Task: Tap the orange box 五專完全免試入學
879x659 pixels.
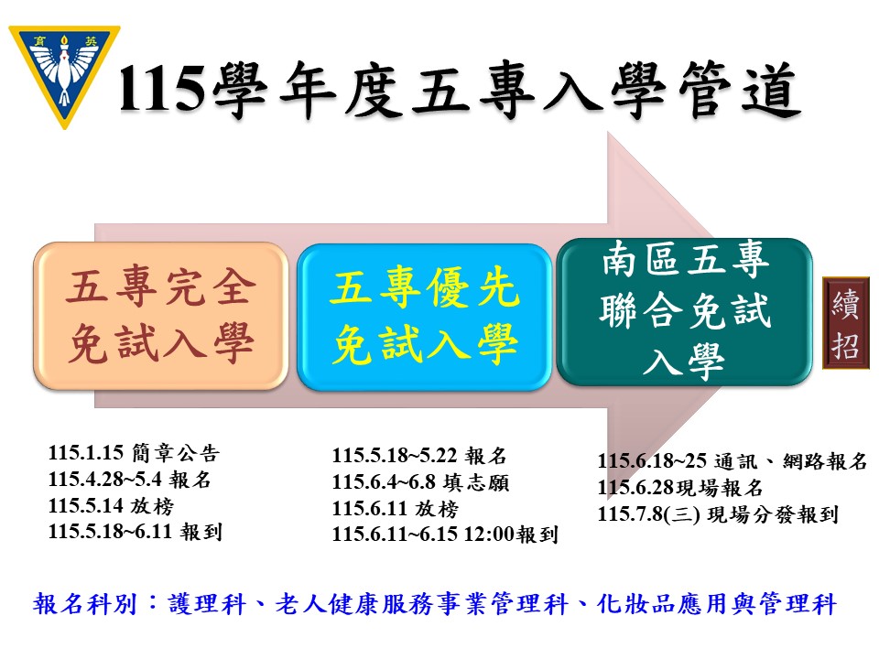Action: [x=161, y=316]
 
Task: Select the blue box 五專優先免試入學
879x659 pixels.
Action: [x=424, y=317]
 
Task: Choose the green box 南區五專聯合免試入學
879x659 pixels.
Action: [x=685, y=311]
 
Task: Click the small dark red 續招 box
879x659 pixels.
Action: [x=846, y=323]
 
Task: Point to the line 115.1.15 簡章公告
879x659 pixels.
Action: [x=134, y=453]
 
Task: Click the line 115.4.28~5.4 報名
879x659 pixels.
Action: [x=129, y=479]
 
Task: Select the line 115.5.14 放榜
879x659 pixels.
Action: [x=111, y=505]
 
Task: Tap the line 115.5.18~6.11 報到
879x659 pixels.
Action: [x=136, y=531]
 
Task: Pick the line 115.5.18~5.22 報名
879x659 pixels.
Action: [x=419, y=456]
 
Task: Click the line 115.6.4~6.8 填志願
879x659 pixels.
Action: [x=420, y=482]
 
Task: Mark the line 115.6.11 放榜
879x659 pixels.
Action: [x=396, y=508]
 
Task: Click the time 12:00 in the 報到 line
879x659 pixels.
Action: [x=489, y=534]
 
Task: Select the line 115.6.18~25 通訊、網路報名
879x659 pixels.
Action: [x=732, y=461]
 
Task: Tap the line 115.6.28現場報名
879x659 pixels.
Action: [x=680, y=488]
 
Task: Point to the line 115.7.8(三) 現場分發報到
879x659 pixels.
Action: [x=718, y=513]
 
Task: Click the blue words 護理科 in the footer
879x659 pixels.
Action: [x=207, y=605]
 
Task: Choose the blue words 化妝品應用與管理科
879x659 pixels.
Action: [x=717, y=605]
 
